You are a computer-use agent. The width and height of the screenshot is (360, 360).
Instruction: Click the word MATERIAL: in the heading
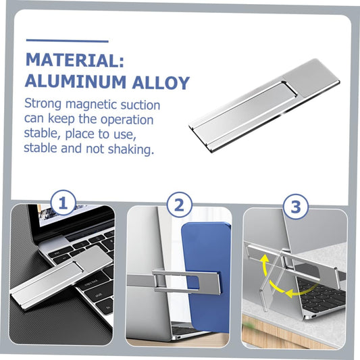pyautogui.click(x=75, y=60)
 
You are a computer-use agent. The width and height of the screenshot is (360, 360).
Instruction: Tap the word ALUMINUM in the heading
pyautogui.click(x=76, y=82)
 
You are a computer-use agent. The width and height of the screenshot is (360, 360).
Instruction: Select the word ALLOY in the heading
pyautogui.click(x=161, y=82)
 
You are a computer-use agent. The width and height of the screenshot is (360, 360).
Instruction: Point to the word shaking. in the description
pyautogui.click(x=130, y=149)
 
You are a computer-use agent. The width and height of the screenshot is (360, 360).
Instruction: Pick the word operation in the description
pyautogui.click(x=127, y=120)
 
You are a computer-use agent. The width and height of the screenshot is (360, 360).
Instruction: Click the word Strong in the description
pyautogui.click(x=43, y=104)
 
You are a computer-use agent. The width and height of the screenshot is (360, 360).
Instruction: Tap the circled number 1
pyautogui.click(x=63, y=203)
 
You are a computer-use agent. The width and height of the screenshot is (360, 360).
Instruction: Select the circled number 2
pyautogui.click(x=179, y=205)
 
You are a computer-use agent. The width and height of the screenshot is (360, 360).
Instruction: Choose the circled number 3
pyautogui.click(x=296, y=206)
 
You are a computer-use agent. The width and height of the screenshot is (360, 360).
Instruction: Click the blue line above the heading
pyautogui.click(x=68, y=41)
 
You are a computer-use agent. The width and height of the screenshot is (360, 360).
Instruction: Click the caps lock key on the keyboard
pyautogui.click(x=92, y=282)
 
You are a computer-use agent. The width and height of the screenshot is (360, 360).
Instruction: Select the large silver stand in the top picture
pyautogui.click(x=264, y=105)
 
